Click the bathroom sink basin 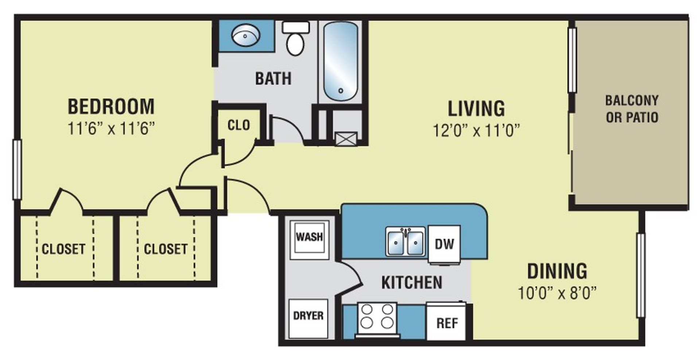coord(246,35)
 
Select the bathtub coord(341,61)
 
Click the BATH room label coord(273,79)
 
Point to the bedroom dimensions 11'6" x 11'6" coord(111,128)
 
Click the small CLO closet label coord(239,125)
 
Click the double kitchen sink coord(405,241)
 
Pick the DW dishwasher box coord(444,244)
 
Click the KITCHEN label coord(412,283)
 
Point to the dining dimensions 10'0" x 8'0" coord(557,293)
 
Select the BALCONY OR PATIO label coord(632,109)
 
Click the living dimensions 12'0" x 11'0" coord(476,130)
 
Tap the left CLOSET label coord(63,249)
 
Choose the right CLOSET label coord(166,249)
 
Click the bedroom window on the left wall coord(17,169)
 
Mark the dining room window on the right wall coord(641,275)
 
